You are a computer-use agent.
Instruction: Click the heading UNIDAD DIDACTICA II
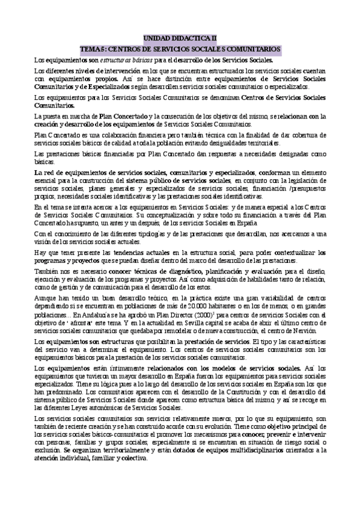180,37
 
